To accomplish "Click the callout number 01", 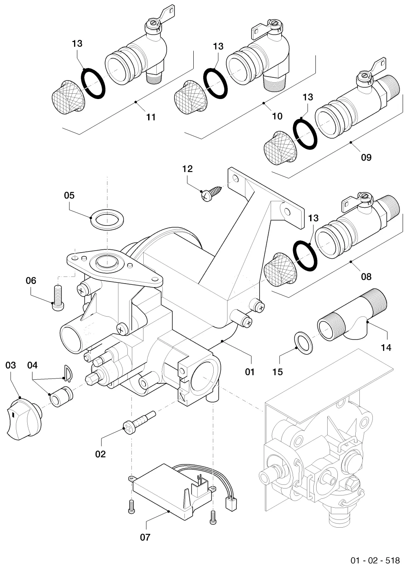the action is [x=249, y=372].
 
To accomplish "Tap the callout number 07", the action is [x=145, y=537].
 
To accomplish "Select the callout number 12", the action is [x=187, y=169].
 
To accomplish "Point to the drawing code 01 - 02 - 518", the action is [x=375, y=560].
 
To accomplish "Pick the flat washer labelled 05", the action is [x=107, y=219].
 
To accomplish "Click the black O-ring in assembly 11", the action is [x=93, y=83].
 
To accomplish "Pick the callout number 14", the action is [x=386, y=348].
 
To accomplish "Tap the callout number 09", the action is [x=366, y=157].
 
